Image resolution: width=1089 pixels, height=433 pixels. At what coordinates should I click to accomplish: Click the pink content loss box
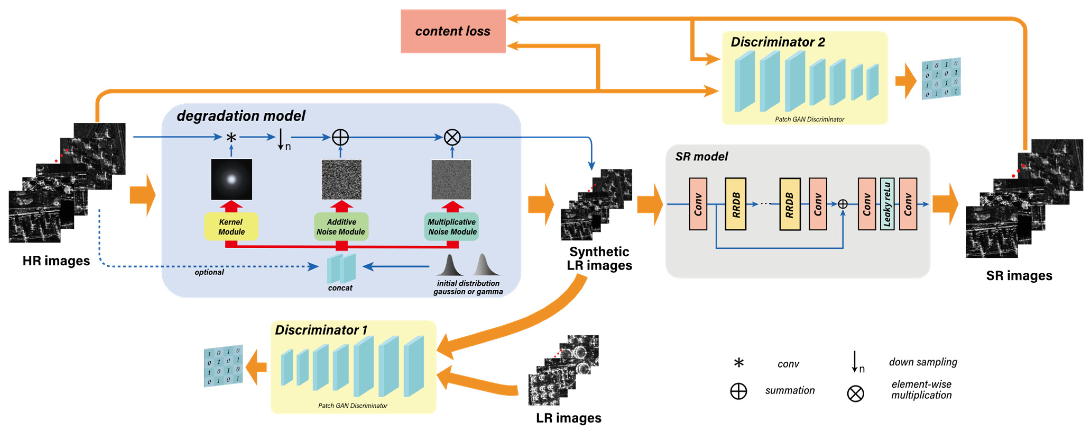pyautogui.click(x=453, y=31)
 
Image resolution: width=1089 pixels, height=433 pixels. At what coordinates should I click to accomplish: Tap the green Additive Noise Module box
pyautogui.click(x=341, y=227)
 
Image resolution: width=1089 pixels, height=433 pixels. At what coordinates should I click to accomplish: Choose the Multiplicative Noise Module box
pyautogui.click(x=452, y=227)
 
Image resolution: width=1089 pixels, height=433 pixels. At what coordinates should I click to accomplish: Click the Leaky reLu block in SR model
pyautogui.click(x=887, y=204)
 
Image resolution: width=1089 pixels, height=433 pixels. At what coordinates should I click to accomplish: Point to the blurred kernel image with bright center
pyautogui.click(x=231, y=179)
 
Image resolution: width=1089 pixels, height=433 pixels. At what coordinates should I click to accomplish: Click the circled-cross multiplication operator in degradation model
pyautogui.click(x=452, y=138)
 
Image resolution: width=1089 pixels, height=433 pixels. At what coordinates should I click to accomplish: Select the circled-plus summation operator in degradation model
pyautogui.click(x=340, y=138)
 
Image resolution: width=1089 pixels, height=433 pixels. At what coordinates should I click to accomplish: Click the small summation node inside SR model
pyautogui.click(x=843, y=204)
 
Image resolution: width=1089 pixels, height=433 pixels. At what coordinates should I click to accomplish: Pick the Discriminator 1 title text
pyautogui.click(x=321, y=330)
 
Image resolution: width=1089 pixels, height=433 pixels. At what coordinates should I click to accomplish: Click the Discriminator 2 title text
pyautogui.click(x=777, y=42)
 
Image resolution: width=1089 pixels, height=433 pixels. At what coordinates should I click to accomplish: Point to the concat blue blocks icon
pyautogui.click(x=342, y=268)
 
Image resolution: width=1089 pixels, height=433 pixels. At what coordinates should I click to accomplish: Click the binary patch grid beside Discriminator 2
pyautogui.click(x=941, y=79)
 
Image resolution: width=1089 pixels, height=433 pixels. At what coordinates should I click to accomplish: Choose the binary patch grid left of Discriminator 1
pyautogui.click(x=223, y=366)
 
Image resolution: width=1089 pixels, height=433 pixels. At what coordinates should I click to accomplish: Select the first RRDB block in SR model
pyautogui.click(x=736, y=204)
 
